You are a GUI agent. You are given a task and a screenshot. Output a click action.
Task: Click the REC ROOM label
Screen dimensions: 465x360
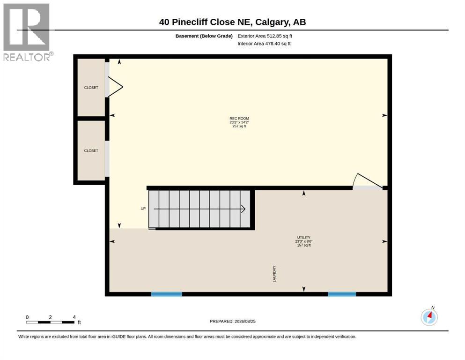click(239, 119)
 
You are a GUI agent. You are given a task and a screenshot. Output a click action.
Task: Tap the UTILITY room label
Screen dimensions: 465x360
click(303, 238)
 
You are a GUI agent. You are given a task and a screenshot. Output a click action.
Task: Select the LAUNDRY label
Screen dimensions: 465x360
click(274, 274)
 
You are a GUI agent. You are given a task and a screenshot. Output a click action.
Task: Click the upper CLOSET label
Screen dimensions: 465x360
click(91, 88)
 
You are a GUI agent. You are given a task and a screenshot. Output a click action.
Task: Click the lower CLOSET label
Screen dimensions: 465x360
click(91, 151)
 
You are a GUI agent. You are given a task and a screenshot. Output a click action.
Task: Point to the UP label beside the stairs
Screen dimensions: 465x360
click(143, 209)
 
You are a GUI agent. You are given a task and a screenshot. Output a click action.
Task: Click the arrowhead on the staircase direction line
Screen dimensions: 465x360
click(244, 209)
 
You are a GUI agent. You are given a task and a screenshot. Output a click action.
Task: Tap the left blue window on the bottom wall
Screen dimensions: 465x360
click(167, 294)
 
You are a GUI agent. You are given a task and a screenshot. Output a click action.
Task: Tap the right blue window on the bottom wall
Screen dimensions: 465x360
click(342, 294)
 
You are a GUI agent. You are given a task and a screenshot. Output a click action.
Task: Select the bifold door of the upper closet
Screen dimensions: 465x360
click(115, 87)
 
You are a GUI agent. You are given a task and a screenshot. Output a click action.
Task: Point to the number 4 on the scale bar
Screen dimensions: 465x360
click(74, 317)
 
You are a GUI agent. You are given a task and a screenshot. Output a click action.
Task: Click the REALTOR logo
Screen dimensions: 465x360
click(27, 32)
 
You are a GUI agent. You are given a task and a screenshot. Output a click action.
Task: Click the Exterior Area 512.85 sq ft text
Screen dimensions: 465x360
click(265, 36)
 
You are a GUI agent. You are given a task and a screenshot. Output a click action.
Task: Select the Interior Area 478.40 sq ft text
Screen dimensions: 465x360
click(264, 44)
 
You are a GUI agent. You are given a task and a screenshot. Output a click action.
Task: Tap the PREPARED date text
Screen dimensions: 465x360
click(232, 321)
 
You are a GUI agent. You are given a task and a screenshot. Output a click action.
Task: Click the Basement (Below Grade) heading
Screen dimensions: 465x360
click(204, 36)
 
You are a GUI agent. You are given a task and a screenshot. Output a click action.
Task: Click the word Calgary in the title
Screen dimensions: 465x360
click(272, 22)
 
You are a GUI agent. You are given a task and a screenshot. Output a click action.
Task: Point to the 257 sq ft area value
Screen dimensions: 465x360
click(239, 126)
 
